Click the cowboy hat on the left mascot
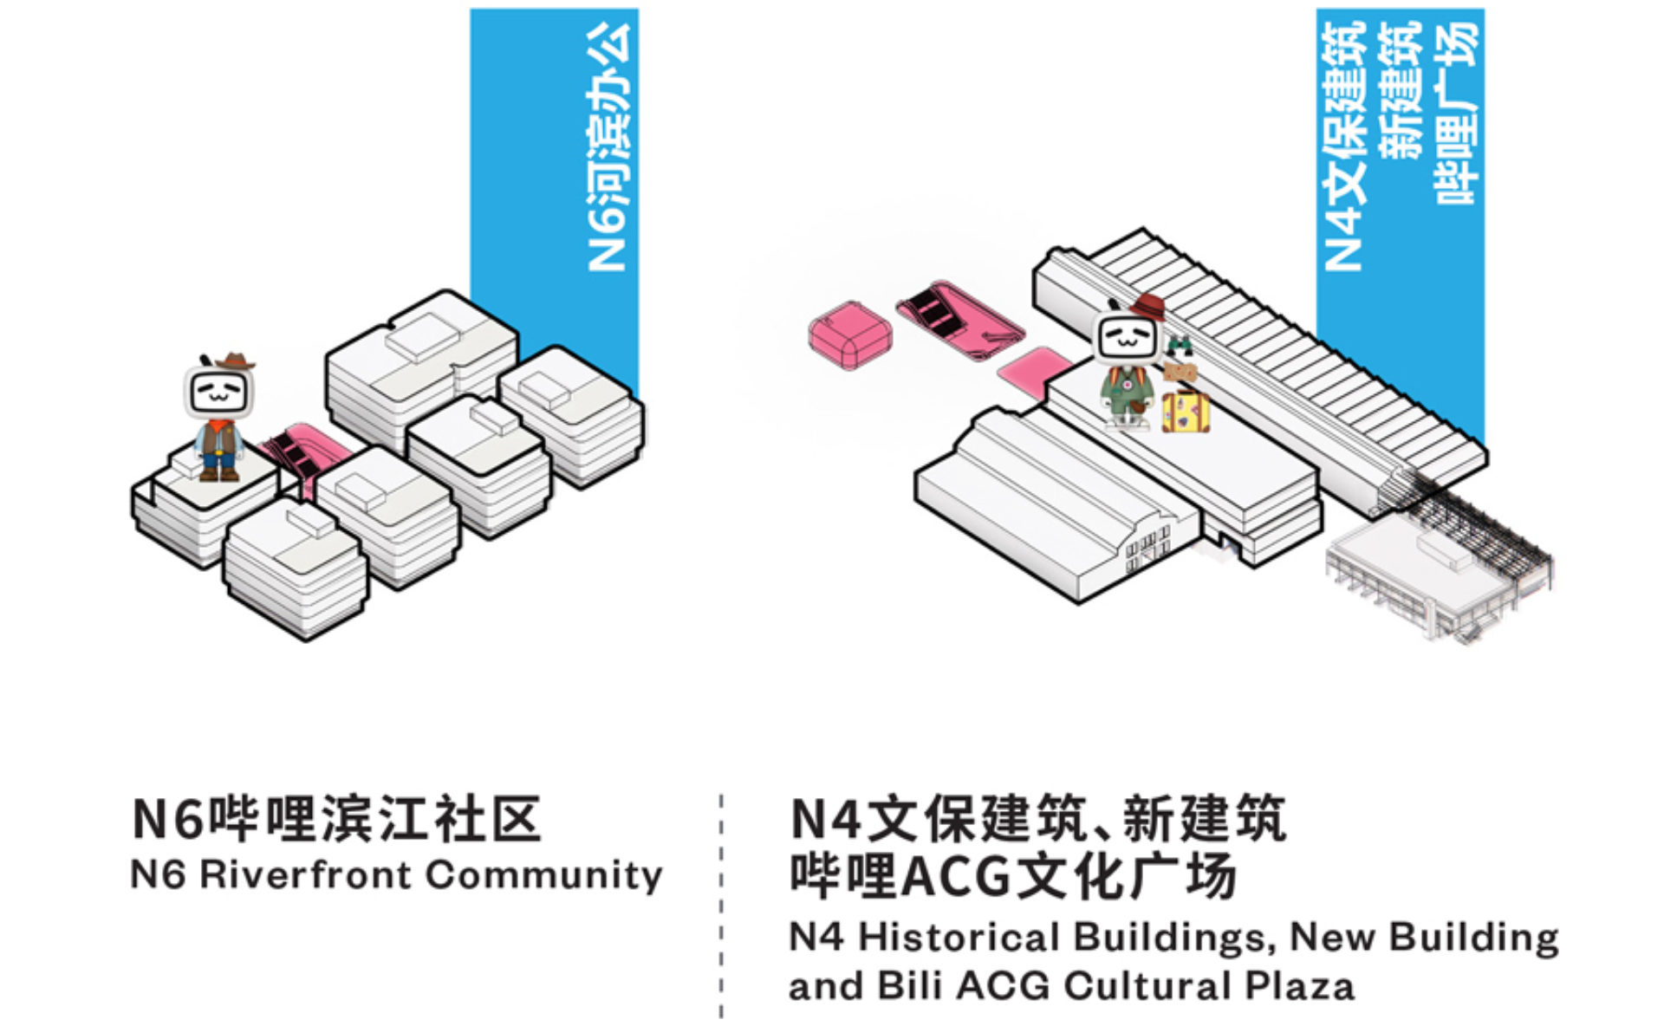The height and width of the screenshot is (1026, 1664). point(233,360)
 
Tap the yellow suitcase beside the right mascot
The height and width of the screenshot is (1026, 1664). point(1186,412)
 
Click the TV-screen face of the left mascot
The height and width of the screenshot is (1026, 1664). point(218,393)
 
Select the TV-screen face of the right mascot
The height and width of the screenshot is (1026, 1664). point(1127,339)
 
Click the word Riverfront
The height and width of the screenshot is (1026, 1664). point(307,874)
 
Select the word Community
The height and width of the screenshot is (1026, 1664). point(544,875)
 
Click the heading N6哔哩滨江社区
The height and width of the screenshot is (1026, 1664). point(336,818)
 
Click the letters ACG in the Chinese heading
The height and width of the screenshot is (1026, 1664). point(957,877)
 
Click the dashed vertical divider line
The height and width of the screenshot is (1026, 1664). point(721,906)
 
